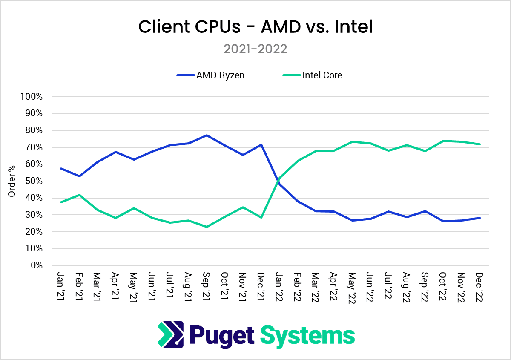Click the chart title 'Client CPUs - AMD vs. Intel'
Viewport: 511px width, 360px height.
click(255, 27)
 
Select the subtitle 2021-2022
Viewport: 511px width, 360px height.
click(255, 49)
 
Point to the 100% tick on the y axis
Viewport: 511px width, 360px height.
click(32, 97)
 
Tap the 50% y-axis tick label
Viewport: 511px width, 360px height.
click(33, 181)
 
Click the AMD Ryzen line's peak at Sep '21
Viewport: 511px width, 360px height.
click(207, 135)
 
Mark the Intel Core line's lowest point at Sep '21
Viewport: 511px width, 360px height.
click(207, 227)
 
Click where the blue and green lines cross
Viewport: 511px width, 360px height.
click(278, 181)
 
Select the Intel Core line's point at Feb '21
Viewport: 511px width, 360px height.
click(79, 195)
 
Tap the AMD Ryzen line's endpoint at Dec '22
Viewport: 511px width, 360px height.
click(480, 218)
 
